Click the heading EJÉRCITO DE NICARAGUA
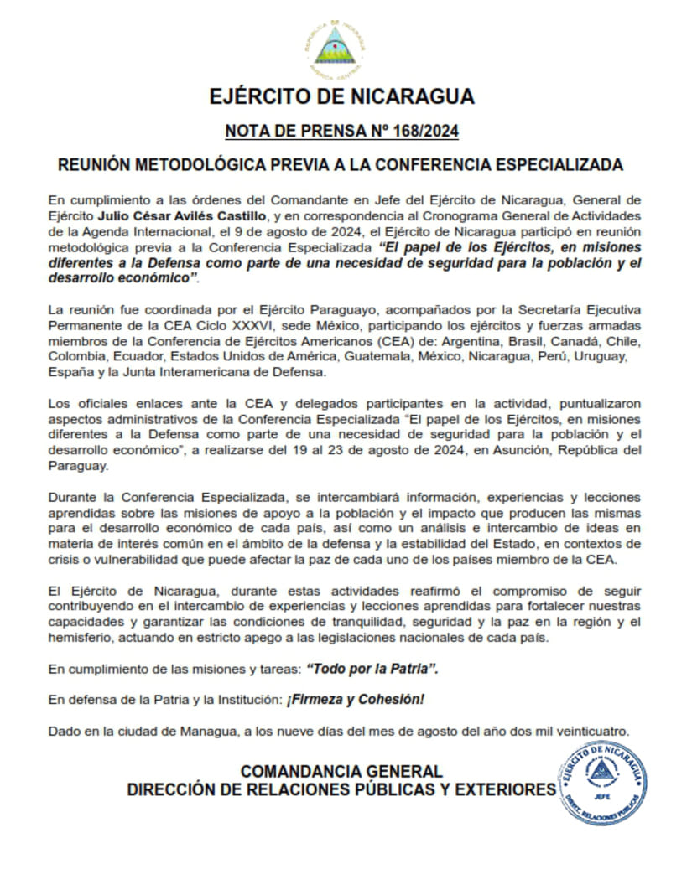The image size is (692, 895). coord(342,96)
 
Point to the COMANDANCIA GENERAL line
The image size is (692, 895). coord(341,771)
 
